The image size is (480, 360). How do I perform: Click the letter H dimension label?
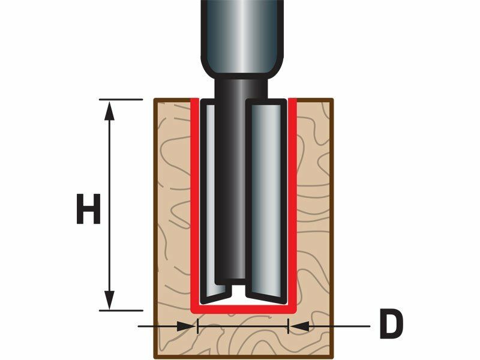(88, 209)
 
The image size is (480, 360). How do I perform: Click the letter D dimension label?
(391, 323)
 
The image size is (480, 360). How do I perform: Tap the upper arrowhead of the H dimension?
(109, 111)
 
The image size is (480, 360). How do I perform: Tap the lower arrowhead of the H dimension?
(109, 299)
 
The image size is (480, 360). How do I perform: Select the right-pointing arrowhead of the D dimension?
(187, 326)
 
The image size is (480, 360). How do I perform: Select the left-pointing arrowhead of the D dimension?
(299, 326)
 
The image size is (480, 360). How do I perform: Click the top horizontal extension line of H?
(121, 99)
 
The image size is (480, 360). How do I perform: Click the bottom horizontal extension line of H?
(121, 310)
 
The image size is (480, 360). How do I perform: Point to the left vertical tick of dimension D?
(198, 326)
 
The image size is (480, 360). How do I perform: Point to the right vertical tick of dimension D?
(288, 326)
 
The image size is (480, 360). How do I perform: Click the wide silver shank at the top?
(242, 37)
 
